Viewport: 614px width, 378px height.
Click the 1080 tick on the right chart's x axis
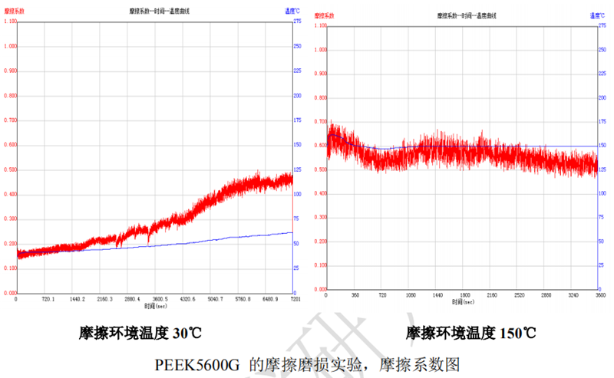coord(410,294)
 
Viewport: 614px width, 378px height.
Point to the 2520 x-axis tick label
coord(519,294)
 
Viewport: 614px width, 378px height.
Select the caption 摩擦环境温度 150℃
coord(470,333)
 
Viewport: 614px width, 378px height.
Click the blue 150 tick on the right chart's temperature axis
coord(603,145)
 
